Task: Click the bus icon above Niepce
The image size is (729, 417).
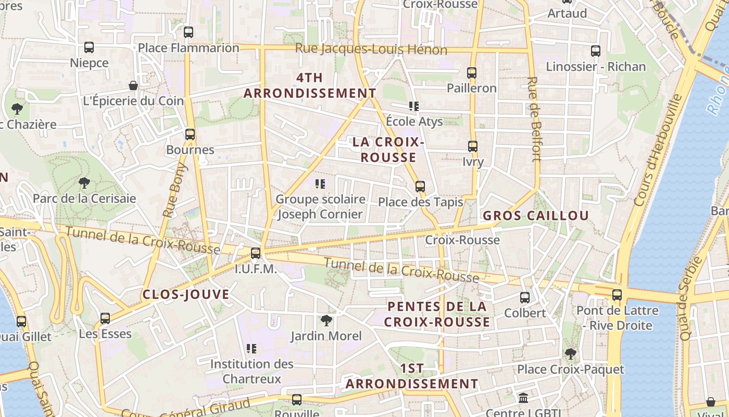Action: [89, 47]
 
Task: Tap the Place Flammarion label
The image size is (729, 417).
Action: [188, 48]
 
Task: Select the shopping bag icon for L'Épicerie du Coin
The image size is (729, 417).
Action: [133, 85]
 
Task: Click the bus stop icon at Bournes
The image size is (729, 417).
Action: [190, 134]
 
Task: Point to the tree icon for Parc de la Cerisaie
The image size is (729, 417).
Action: [84, 183]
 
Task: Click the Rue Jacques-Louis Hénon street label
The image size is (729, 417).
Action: [371, 50]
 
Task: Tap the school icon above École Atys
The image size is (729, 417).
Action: [414, 106]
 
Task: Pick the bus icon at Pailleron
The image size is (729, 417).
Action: [472, 73]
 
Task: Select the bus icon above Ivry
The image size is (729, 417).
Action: [473, 146]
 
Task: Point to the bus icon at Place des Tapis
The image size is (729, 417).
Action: [420, 187]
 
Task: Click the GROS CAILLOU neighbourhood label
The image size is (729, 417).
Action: [536, 216]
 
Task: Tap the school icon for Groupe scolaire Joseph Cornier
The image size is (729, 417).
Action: [320, 183]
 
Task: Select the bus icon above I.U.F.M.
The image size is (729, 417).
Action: [256, 253]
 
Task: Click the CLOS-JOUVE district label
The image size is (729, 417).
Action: [186, 295]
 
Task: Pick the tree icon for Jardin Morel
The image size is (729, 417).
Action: [326, 320]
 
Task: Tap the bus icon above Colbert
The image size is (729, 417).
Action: [525, 298]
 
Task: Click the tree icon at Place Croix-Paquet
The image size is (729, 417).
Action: [571, 354]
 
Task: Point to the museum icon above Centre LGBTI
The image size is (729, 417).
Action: [523, 398]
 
